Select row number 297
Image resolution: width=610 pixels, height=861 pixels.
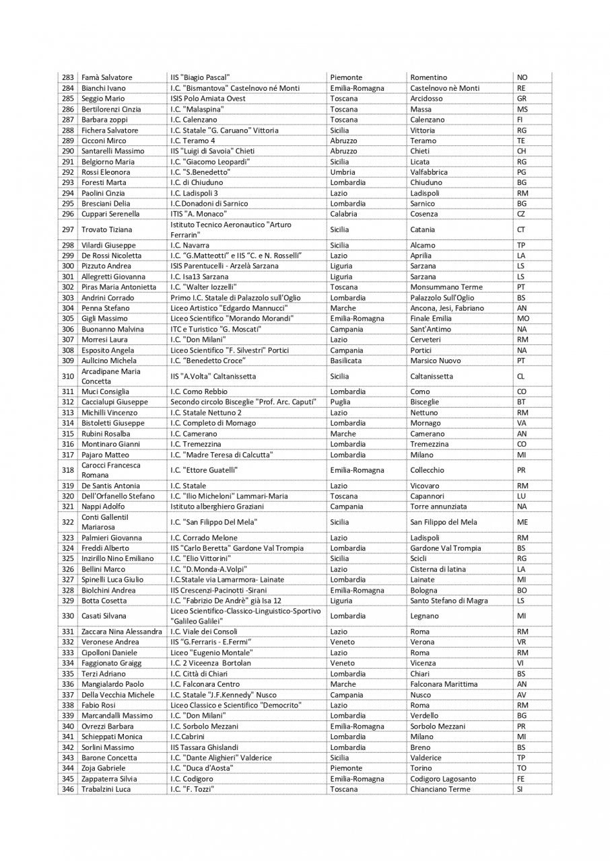point(67,229)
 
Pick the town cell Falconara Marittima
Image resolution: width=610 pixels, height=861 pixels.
point(444,684)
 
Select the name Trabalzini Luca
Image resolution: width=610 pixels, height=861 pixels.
point(106,789)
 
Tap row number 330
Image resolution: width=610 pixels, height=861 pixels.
point(67,615)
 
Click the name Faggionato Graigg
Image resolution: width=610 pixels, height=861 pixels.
point(111,663)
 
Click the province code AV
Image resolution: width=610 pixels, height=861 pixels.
point(521,695)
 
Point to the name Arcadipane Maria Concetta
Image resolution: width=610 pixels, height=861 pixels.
point(110,376)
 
